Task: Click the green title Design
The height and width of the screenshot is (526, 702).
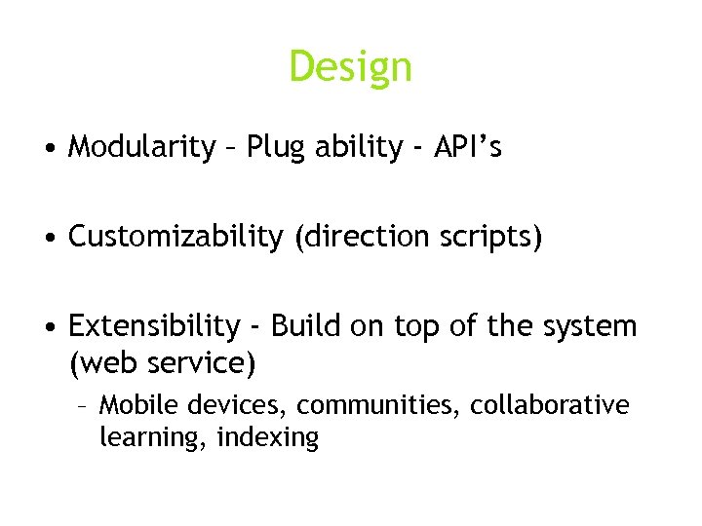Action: [350, 67]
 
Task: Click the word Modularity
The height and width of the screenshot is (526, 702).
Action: [141, 147]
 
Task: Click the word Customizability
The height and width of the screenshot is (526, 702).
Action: [175, 237]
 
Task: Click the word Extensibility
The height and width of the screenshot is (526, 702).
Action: [153, 325]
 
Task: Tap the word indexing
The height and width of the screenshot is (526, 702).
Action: [268, 438]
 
